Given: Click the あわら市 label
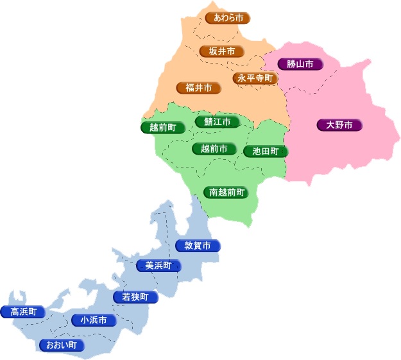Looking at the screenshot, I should click(228, 18).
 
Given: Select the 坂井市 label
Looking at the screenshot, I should click(222, 51).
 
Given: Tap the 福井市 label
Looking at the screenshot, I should click(199, 88).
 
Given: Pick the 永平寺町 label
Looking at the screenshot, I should click(255, 78).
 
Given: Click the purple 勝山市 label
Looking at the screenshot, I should click(300, 64).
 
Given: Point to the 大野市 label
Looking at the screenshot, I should click(339, 125).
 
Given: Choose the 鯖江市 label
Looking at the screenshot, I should click(218, 122).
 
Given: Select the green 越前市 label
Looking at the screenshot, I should click(214, 149).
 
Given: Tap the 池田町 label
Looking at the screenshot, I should click(266, 151).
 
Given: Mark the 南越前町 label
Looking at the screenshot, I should click(225, 192).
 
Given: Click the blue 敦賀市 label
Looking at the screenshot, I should click(198, 246).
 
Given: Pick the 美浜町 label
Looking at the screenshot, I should click(158, 266).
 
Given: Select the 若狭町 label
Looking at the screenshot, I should click(135, 297).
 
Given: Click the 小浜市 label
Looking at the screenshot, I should click(94, 320).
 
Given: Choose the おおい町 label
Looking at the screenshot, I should click(62, 345).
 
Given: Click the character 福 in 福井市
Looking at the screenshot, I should click(191, 88).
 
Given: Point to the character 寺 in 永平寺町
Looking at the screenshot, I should click(260, 78).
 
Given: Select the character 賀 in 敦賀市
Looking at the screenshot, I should click(198, 246).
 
